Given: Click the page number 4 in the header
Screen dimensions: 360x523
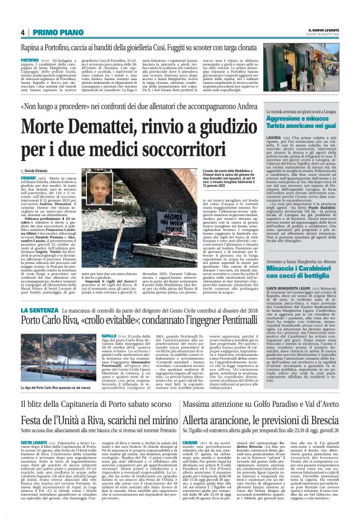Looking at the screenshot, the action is (22, 32).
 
